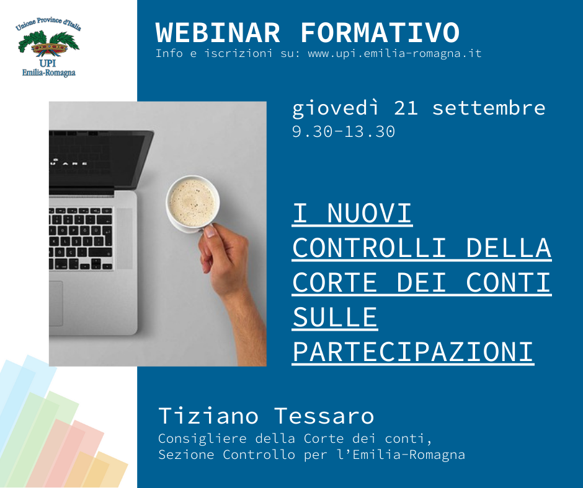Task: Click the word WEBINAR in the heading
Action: (218, 33)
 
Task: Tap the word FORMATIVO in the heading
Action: (380, 33)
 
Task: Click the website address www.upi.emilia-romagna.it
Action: (394, 54)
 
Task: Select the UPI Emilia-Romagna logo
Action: (48, 47)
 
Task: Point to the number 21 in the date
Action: (406, 108)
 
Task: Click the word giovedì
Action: (335, 109)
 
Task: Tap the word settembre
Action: (489, 108)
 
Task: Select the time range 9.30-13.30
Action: (343, 132)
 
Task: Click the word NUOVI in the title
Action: (369, 213)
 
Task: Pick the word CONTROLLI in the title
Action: (369, 248)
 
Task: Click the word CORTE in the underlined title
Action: (335, 282)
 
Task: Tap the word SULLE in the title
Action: (335, 317)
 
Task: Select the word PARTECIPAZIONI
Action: (412, 352)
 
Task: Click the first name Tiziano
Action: (208, 416)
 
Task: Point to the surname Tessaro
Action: (324, 416)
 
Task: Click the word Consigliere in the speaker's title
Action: (202, 439)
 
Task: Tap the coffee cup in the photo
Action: (193, 203)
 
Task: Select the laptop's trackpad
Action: (56, 303)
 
